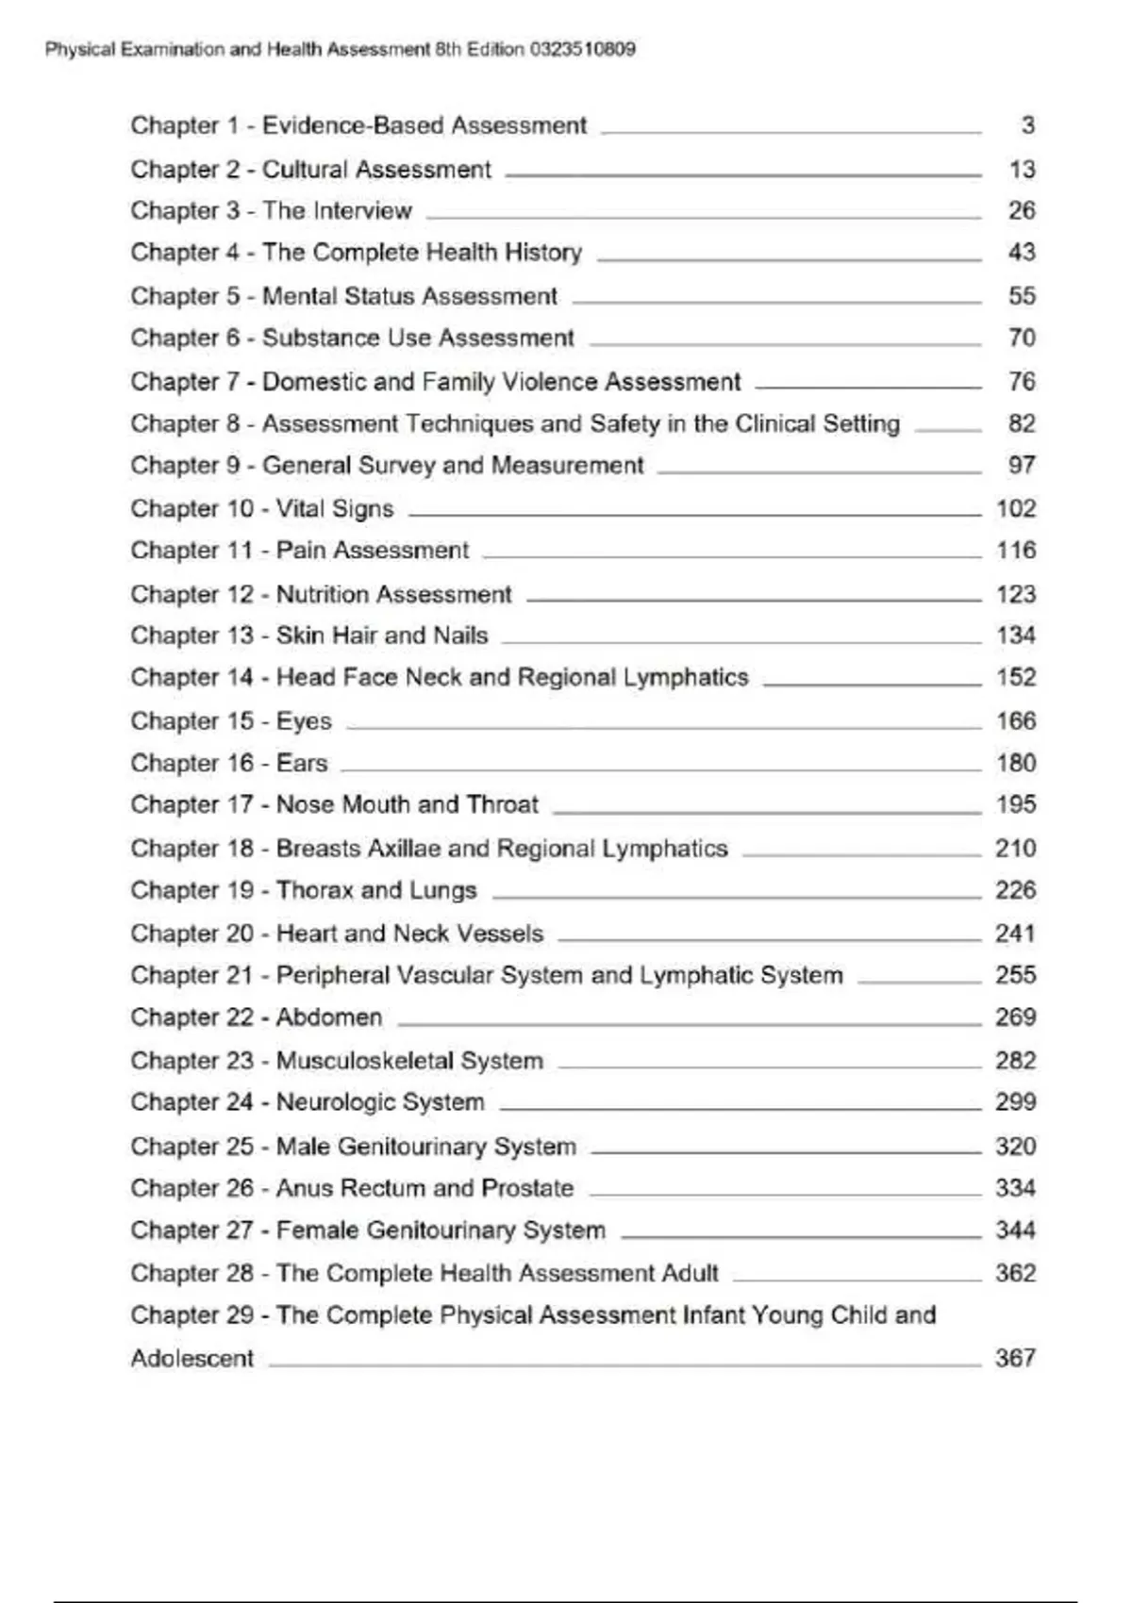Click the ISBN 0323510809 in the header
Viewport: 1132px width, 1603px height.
(x=582, y=50)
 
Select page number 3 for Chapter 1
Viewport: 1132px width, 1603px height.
(x=1027, y=125)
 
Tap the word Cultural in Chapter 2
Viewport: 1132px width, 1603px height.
(x=308, y=170)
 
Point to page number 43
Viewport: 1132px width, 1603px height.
(x=1022, y=253)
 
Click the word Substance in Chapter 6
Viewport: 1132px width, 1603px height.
(x=317, y=338)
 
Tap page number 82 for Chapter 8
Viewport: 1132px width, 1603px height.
(x=1022, y=423)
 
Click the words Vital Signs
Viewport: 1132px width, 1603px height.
(x=334, y=509)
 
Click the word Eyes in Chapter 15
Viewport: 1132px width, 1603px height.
(x=304, y=721)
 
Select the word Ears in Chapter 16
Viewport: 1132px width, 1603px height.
(x=302, y=763)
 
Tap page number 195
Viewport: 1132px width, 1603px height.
(x=1016, y=804)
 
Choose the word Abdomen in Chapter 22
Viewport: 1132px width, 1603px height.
(x=329, y=1017)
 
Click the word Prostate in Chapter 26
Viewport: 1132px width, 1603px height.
(x=527, y=1188)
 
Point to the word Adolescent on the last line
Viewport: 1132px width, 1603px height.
(x=192, y=1359)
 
